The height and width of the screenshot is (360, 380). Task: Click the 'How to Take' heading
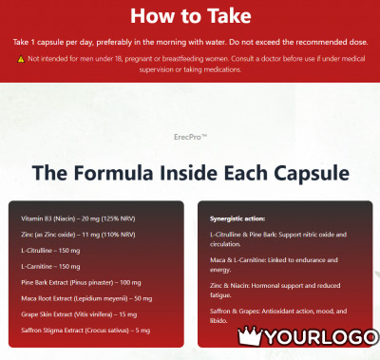[191, 16]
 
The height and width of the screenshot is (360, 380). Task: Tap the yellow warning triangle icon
[21, 59]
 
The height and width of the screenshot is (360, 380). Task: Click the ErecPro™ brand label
[190, 137]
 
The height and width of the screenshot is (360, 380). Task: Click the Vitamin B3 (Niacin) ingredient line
[78, 218]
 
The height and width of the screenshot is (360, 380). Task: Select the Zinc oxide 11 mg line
[78, 235]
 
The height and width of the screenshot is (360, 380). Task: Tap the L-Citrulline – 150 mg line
[50, 251]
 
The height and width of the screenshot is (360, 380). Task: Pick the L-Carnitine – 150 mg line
[50, 267]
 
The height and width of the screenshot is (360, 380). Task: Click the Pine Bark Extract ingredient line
[81, 282]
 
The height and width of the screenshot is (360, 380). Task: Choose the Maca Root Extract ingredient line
[86, 298]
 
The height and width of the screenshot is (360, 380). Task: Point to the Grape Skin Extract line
[79, 314]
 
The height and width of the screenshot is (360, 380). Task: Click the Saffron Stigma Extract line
[85, 331]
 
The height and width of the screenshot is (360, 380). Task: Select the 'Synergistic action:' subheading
[237, 218]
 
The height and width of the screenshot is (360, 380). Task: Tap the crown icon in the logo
[250, 336]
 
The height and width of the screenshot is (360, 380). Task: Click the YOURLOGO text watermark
[321, 337]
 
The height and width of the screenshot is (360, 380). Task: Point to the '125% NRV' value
[118, 218]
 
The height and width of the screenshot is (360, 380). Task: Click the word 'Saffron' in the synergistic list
[219, 312]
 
